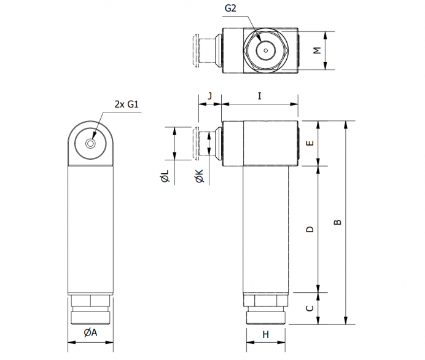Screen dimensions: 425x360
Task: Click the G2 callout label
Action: point(230,9)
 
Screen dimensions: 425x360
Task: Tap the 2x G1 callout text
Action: point(127,104)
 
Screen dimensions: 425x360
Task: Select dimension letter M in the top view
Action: point(317,50)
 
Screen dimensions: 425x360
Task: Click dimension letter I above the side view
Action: point(260,96)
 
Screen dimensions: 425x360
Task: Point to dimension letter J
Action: point(210,96)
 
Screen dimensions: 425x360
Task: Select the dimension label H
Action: point(265,335)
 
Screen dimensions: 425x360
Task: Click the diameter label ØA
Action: point(90,332)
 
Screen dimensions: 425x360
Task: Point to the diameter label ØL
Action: point(165,176)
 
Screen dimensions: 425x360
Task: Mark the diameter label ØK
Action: point(199,176)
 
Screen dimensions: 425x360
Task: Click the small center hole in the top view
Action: point(266,50)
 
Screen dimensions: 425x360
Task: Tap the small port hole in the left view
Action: point(90,144)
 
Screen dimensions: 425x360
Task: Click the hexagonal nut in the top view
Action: point(266,50)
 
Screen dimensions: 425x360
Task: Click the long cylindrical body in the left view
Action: point(90,230)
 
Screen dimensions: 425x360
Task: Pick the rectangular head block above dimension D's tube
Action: point(260,143)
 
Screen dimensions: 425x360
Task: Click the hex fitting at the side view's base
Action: point(265,300)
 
